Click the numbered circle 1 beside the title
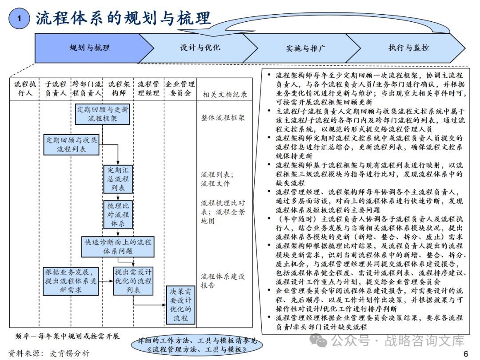[19, 18]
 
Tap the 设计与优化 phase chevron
[200, 48]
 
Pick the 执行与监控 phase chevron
[408, 48]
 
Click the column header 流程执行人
[24, 88]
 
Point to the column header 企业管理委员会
[180, 88]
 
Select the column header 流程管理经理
[148, 88]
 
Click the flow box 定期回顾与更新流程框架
[103, 114]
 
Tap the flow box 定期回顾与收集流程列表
[72, 144]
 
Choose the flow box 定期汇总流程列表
[118, 179]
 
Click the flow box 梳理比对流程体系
[118, 215]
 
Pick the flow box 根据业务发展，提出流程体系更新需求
[72, 281]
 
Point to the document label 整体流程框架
[223, 118]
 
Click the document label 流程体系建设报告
[223, 281]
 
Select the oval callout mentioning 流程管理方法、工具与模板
[196, 345]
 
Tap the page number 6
[466, 353]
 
